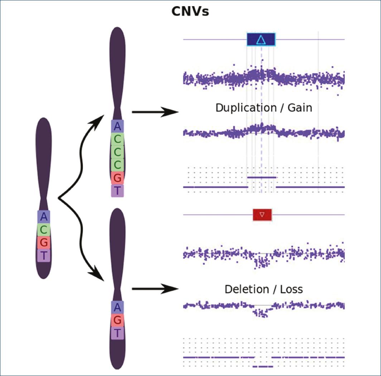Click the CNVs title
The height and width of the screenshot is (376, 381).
click(190, 11)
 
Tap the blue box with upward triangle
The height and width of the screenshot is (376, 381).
click(261, 39)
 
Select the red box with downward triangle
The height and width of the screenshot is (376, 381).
click(262, 215)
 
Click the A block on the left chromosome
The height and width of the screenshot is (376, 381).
click(44, 217)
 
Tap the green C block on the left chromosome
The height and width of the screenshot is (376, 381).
click(44, 230)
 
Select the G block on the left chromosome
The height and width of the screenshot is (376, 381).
click(44, 242)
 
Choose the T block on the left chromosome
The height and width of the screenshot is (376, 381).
click(44, 255)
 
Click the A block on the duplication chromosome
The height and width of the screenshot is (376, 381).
click(117, 126)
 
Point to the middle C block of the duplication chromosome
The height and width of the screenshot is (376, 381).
click(117, 152)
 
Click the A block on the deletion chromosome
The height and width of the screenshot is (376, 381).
click(117, 307)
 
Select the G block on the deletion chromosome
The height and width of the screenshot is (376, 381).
click(117, 320)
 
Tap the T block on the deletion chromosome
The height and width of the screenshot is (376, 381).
click(117, 333)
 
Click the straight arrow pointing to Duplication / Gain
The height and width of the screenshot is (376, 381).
click(155, 112)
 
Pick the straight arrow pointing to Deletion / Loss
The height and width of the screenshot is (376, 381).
click(155, 289)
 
